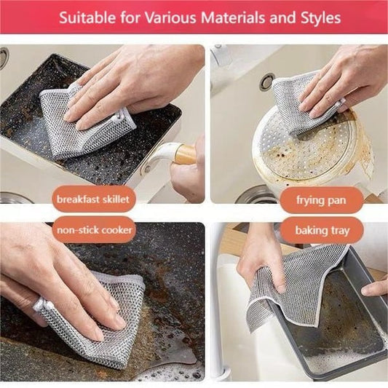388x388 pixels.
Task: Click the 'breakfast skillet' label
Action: (x=92, y=199)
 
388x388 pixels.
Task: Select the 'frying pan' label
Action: (x=320, y=199)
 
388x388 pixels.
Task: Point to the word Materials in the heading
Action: (x=243, y=16)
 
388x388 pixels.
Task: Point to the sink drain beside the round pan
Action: (x=267, y=82)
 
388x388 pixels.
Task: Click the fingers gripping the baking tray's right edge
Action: (x=375, y=288)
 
